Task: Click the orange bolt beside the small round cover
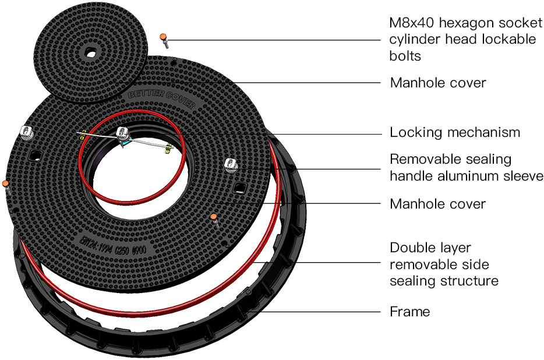(x=165, y=40)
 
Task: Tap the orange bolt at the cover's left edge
(x=6, y=185)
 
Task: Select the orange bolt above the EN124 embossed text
(x=214, y=218)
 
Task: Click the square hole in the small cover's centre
(x=90, y=53)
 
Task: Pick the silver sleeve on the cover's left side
(x=26, y=132)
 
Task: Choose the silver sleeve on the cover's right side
(x=231, y=165)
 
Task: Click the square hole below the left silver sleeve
(x=36, y=154)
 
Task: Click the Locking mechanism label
(x=454, y=132)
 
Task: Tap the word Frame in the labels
(x=409, y=312)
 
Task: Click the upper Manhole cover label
(x=437, y=83)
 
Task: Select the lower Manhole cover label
(x=437, y=204)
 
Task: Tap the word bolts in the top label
(x=405, y=56)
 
